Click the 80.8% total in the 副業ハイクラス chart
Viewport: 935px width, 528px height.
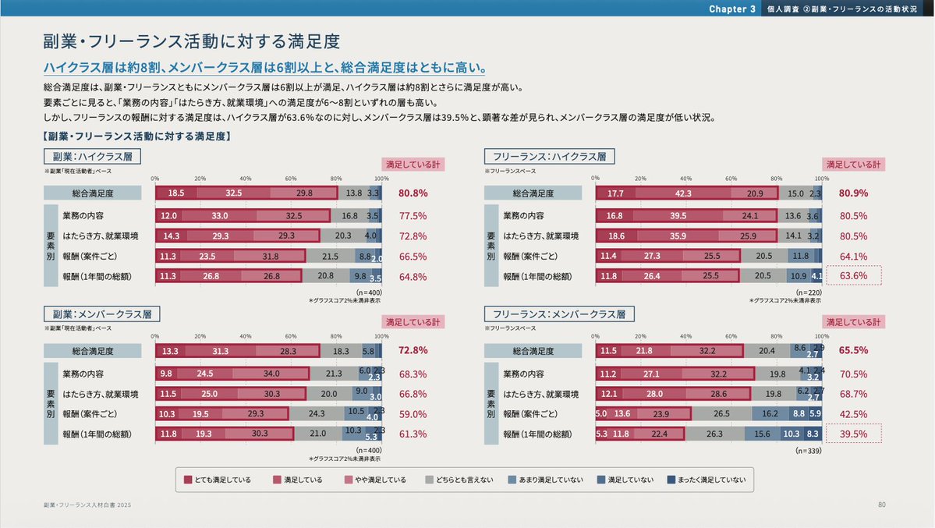[x=413, y=193]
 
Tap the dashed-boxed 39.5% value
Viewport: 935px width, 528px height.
[x=853, y=434]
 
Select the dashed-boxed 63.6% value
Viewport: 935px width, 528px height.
[x=853, y=276]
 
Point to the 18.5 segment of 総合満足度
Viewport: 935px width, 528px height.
[x=175, y=193]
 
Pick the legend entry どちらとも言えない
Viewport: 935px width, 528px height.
[x=460, y=480]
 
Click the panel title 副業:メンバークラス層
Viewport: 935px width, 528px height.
[x=102, y=314]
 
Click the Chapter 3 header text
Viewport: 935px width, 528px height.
[x=732, y=9]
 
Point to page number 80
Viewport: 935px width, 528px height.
[x=882, y=505]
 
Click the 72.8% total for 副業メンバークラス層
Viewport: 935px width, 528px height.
[x=413, y=351]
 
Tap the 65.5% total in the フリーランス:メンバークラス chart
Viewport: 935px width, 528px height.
[x=853, y=351]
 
